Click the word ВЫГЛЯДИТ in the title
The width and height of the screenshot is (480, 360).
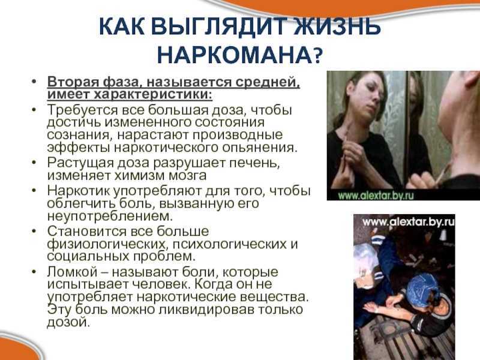[220, 26]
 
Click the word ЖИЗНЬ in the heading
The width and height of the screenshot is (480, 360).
[338, 26]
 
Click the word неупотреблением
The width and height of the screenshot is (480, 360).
[110, 216]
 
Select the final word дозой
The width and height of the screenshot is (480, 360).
[68, 322]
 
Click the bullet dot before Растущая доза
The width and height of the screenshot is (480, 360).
[34, 163]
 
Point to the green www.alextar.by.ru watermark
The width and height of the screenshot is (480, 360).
[376, 195]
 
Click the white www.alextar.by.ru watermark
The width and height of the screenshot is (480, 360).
[409, 221]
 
